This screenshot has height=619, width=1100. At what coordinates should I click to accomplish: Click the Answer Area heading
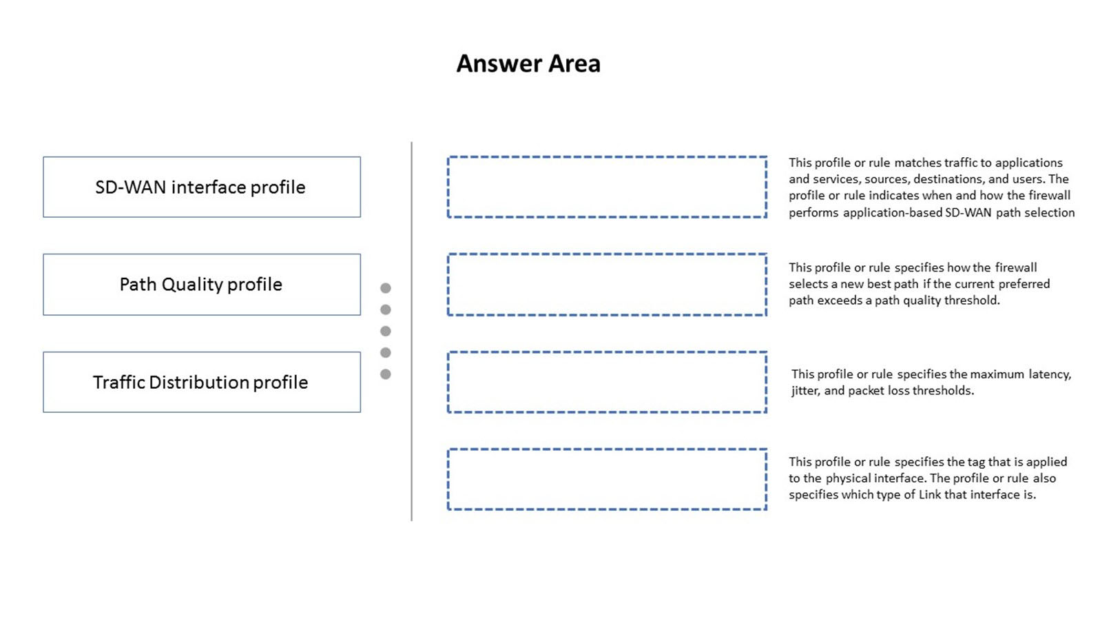pyautogui.click(x=528, y=63)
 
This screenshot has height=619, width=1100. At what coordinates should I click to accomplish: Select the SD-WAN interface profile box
pyautogui.click(x=202, y=187)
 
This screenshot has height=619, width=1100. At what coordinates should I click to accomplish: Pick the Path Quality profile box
pyautogui.click(x=202, y=285)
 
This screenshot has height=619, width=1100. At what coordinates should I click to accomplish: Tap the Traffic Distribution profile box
pyautogui.click(x=202, y=382)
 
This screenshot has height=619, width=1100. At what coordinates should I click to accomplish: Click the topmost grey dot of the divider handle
pyautogui.click(x=386, y=288)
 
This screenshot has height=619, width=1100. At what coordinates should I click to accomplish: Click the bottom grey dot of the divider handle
pyautogui.click(x=386, y=374)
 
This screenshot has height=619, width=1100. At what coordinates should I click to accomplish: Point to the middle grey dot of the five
pyautogui.click(x=386, y=331)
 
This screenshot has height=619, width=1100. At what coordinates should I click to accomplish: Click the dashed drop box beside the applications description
pyautogui.click(x=607, y=187)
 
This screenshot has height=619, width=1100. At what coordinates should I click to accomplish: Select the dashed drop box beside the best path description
pyautogui.click(x=607, y=285)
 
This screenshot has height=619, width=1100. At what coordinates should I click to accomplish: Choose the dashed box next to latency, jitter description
pyautogui.click(x=607, y=382)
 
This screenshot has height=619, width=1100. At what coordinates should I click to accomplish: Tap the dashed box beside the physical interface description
pyautogui.click(x=607, y=480)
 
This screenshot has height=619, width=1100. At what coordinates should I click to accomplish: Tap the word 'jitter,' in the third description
pyautogui.click(x=806, y=391)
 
